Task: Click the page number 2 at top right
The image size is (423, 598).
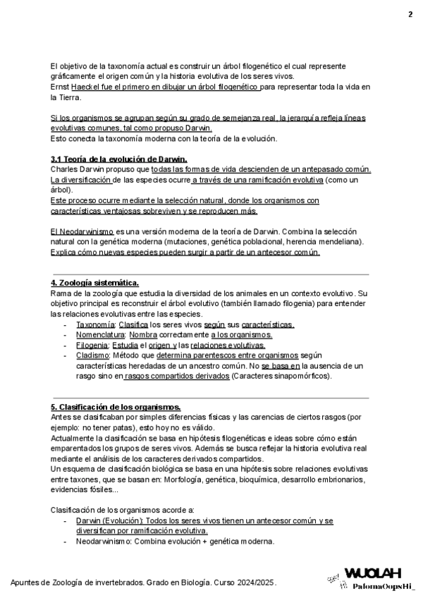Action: [x=410, y=15]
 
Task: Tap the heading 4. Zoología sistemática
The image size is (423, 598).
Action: [x=94, y=282]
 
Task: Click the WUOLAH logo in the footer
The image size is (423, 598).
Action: [x=373, y=573]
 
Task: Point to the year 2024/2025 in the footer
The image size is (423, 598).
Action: [x=254, y=583]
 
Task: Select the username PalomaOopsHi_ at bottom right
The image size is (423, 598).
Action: [x=384, y=586]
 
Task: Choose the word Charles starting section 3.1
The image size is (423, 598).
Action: [x=65, y=170]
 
